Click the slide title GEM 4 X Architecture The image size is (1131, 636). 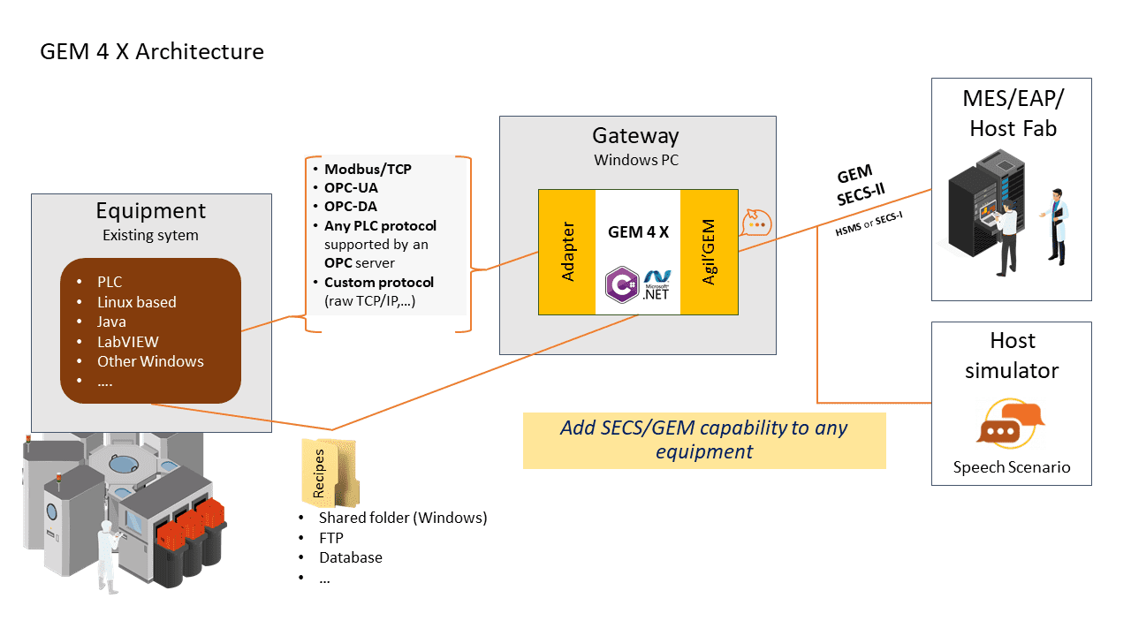(152, 51)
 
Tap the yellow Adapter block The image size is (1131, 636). (567, 252)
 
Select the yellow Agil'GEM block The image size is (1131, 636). (709, 252)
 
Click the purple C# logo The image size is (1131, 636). (621, 284)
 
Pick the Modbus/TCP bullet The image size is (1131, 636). (368, 169)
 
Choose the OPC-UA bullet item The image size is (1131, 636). (351, 187)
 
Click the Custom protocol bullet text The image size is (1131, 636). (379, 283)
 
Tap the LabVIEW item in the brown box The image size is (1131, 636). (128, 342)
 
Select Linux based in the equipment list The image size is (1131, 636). (137, 302)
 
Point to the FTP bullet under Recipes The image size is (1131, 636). (331, 537)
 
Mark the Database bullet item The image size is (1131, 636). (351, 557)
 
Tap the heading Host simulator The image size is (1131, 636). (1012, 355)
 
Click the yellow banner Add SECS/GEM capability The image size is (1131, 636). (704, 439)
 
